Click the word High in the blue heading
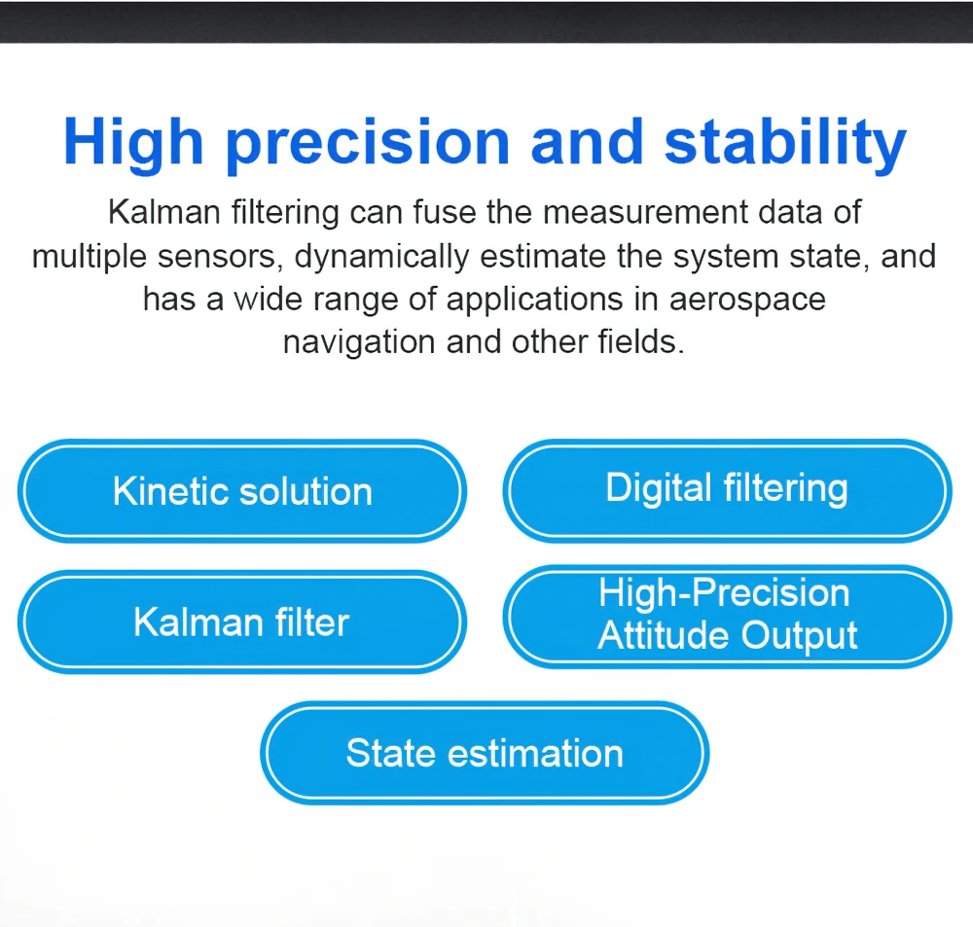point(133,144)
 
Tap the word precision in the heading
point(368,144)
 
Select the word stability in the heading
point(785,144)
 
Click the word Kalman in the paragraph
point(163,212)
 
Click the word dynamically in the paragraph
point(381,257)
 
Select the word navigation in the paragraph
point(359,342)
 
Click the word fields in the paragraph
point(640,341)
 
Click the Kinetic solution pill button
point(242,491)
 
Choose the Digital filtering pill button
point(727,491)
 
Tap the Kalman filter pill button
point(242,622)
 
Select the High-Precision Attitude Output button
point(727,617)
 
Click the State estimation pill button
point(485,753)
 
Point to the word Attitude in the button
point(664,635)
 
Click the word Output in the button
point(799,636)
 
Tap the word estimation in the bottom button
point(535,753)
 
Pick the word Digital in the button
point(659,488)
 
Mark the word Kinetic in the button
point(170,491)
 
